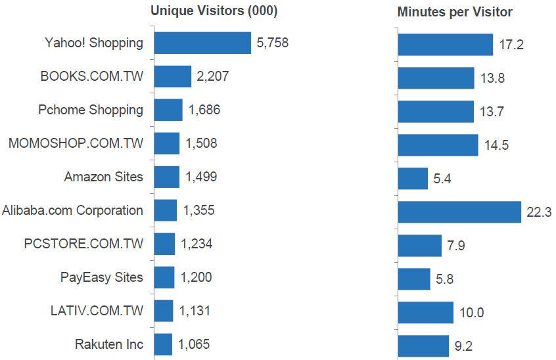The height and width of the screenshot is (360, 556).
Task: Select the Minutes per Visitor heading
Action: click(455, 12)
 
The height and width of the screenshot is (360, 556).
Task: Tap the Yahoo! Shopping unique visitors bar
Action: click(202, 43)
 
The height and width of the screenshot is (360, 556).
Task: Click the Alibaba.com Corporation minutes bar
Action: click(459, 212)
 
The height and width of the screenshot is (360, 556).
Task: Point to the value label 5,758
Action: click(273, 43)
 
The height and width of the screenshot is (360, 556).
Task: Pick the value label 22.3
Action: click(540, 212)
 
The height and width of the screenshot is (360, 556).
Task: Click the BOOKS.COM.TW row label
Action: click(91, 77)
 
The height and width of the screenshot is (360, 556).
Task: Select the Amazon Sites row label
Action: click(103, 177)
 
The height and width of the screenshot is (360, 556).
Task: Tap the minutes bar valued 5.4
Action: click(413, 178)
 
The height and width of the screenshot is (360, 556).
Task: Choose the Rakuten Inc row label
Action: click(109, 344)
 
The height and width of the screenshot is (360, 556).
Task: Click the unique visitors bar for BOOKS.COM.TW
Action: click(172, 77)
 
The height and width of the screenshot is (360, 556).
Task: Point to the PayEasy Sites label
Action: click(101, 277)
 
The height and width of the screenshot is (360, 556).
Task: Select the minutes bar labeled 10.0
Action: click(425, 312)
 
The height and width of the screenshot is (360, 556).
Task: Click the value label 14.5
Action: click(496, 145)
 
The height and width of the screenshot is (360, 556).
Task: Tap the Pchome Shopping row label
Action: click(90, 110)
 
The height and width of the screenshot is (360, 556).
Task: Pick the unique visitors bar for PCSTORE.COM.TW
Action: click(164, 244)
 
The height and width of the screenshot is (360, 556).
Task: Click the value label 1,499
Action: click(201, 177)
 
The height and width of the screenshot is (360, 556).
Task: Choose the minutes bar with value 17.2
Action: click(445, 45)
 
